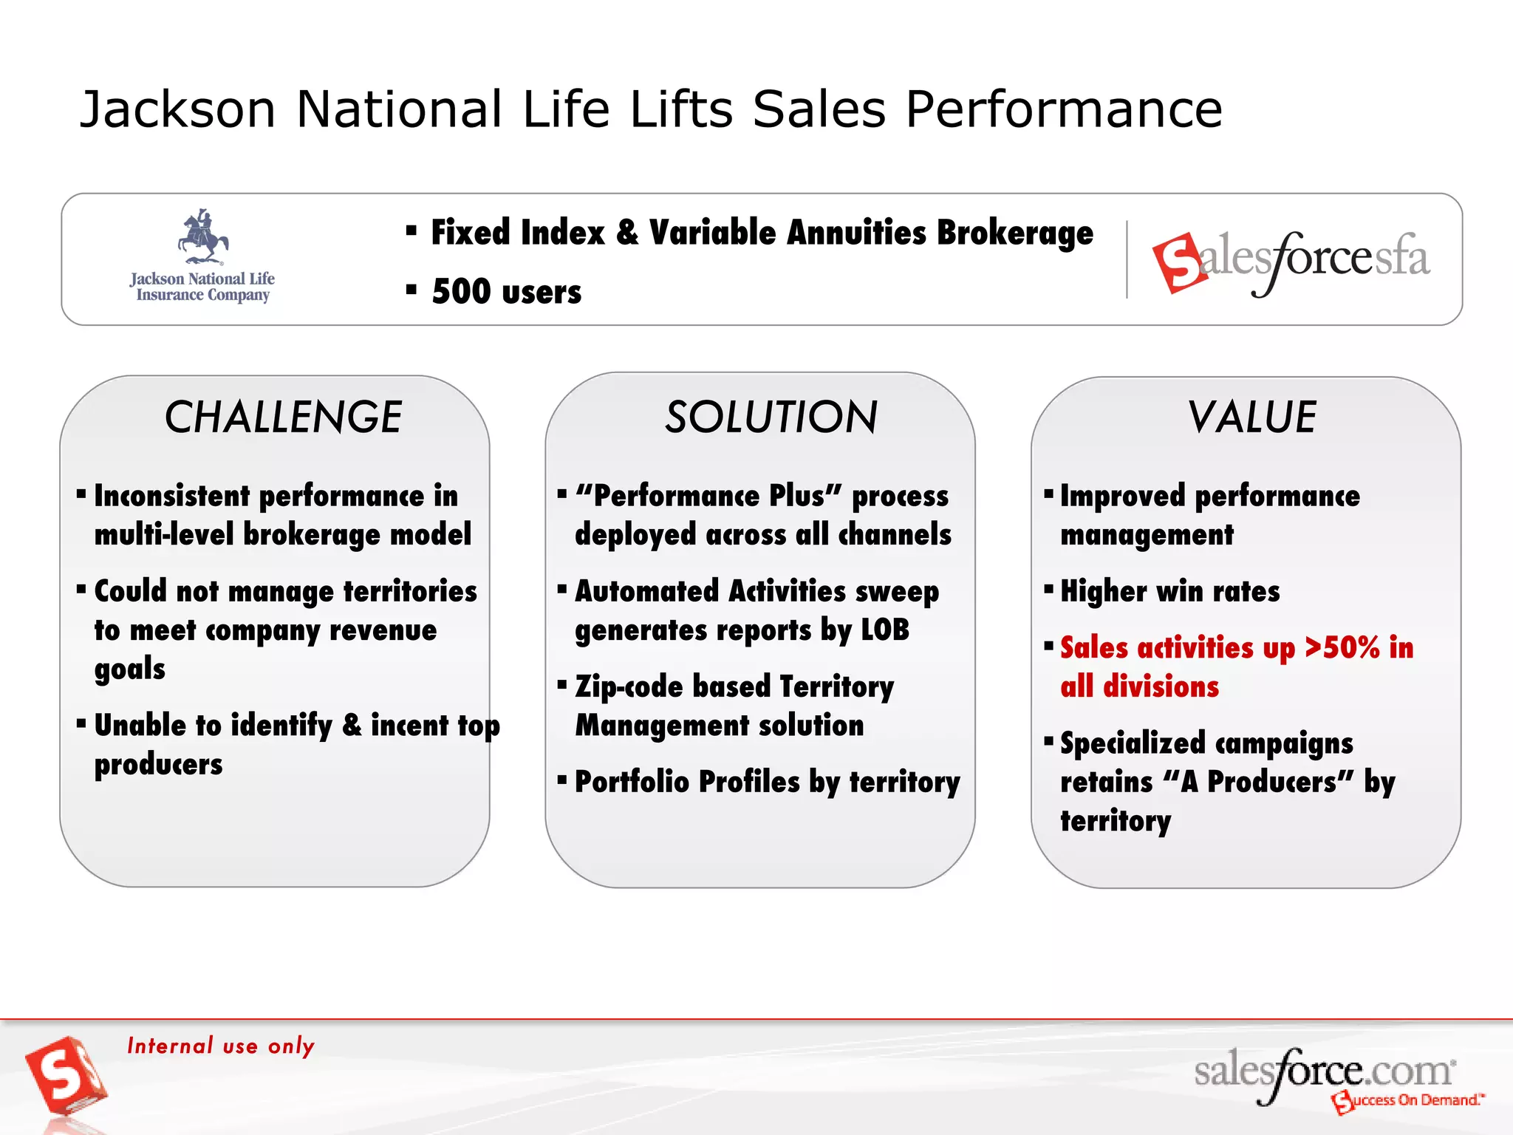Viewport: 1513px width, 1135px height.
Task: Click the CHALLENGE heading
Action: point(283,417)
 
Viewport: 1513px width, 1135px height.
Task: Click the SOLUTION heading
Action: point(771,417)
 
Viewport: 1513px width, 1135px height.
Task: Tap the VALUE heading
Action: point(1252,417)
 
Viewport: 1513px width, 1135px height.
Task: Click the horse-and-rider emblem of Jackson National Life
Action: point(202,236)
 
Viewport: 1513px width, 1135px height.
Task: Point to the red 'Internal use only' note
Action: point(221,1046)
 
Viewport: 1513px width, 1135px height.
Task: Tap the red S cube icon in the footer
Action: point(65,1076)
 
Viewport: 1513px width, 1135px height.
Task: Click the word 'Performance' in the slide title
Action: point(1064,109)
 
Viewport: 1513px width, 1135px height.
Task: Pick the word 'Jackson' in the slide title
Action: point(177,109)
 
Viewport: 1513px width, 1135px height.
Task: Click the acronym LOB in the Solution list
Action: point(885,630)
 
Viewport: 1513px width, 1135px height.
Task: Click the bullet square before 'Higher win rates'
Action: point(1048,589)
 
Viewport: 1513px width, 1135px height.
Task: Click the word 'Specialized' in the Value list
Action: point(1132,743)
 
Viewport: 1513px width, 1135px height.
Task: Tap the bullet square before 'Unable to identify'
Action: point(81,723)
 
